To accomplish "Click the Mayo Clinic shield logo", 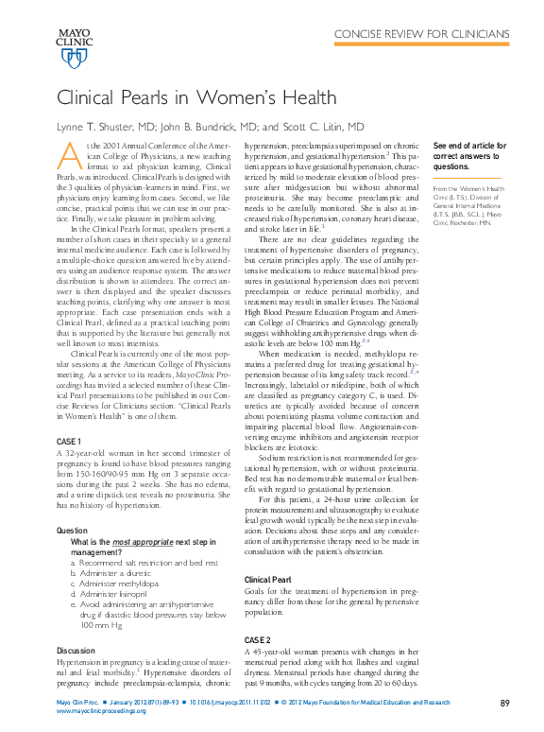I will pos(74,59).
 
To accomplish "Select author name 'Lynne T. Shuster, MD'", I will pos(110,126).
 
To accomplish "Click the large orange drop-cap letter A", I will pos(68,155).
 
